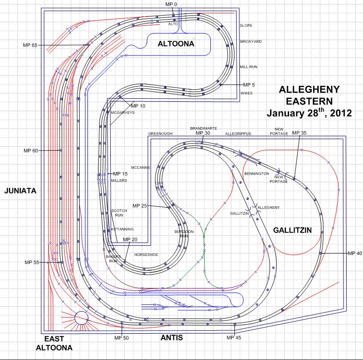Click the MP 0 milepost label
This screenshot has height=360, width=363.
tap(171, 4)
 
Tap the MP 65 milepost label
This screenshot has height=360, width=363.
tap(30, 45)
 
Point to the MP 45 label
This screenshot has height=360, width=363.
tap(234, 338)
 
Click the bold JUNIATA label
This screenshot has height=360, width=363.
tap(20, 191)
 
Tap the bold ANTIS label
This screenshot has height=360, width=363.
tap(172, 338)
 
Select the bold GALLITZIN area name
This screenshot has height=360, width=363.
tap(291, 230)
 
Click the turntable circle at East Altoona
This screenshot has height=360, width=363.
tap(81, 318)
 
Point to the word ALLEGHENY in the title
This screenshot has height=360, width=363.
tap(309, 90)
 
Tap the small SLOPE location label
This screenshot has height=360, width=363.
tap(246, 25)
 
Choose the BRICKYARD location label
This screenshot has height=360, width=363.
tap(251, 41)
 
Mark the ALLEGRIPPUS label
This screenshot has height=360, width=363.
tap(238, 133)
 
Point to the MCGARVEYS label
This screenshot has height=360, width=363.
tap(122, 112)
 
